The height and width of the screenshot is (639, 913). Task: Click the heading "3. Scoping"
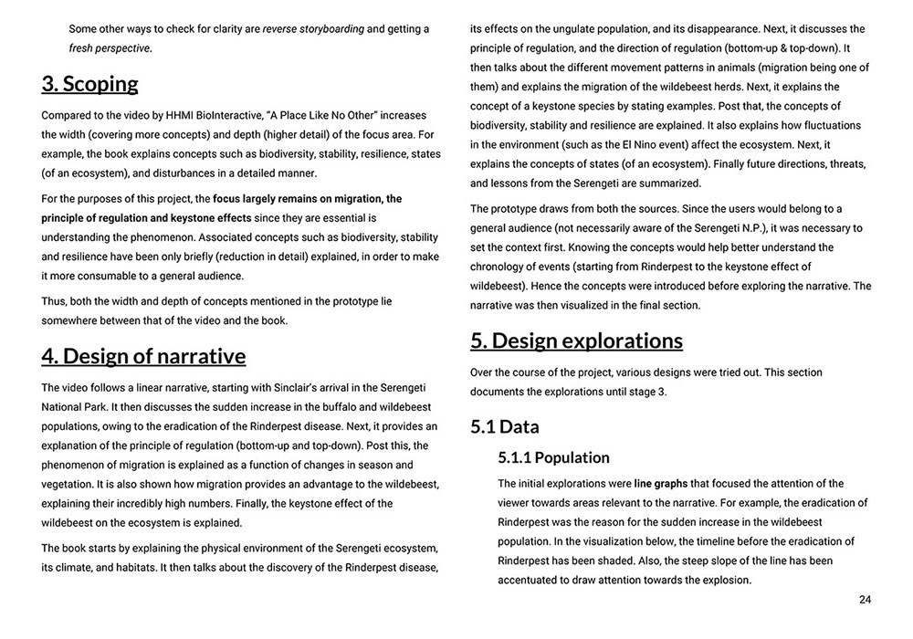89,85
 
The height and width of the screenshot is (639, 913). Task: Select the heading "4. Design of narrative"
143,356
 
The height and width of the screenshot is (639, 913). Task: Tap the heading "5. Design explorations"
576,340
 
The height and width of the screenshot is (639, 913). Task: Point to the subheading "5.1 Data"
505,426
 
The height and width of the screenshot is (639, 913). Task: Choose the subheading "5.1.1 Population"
554,457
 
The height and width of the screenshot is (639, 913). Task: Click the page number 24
865,599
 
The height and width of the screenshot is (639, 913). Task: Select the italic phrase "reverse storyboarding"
313,28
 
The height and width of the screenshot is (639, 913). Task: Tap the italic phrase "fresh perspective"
110,47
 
